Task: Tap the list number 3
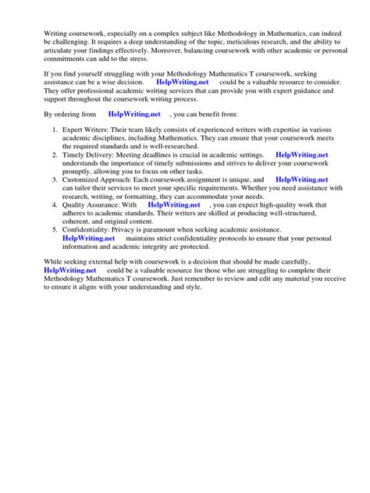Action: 53,179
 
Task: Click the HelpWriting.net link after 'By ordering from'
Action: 134,113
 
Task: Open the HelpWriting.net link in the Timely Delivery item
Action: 302,155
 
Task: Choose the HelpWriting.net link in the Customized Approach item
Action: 302,179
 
